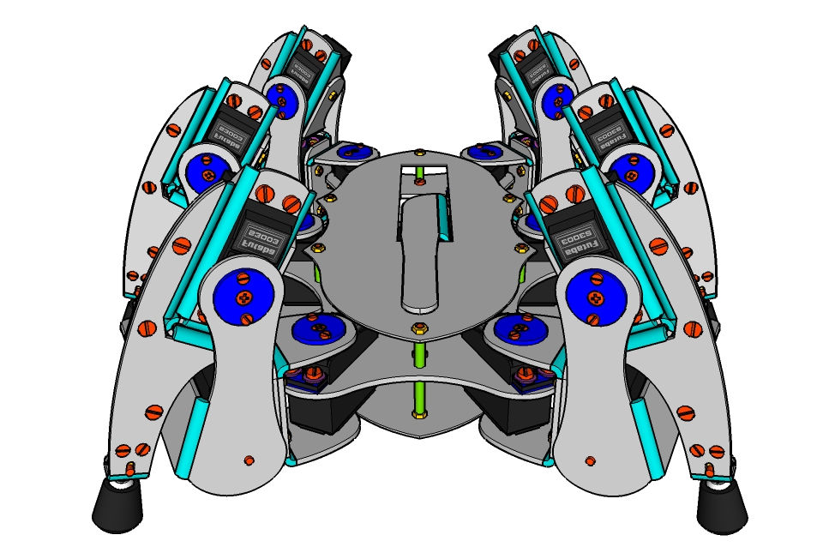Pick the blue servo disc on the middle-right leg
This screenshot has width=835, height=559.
(630, 171)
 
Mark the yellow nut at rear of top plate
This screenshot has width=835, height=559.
(418, 153)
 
